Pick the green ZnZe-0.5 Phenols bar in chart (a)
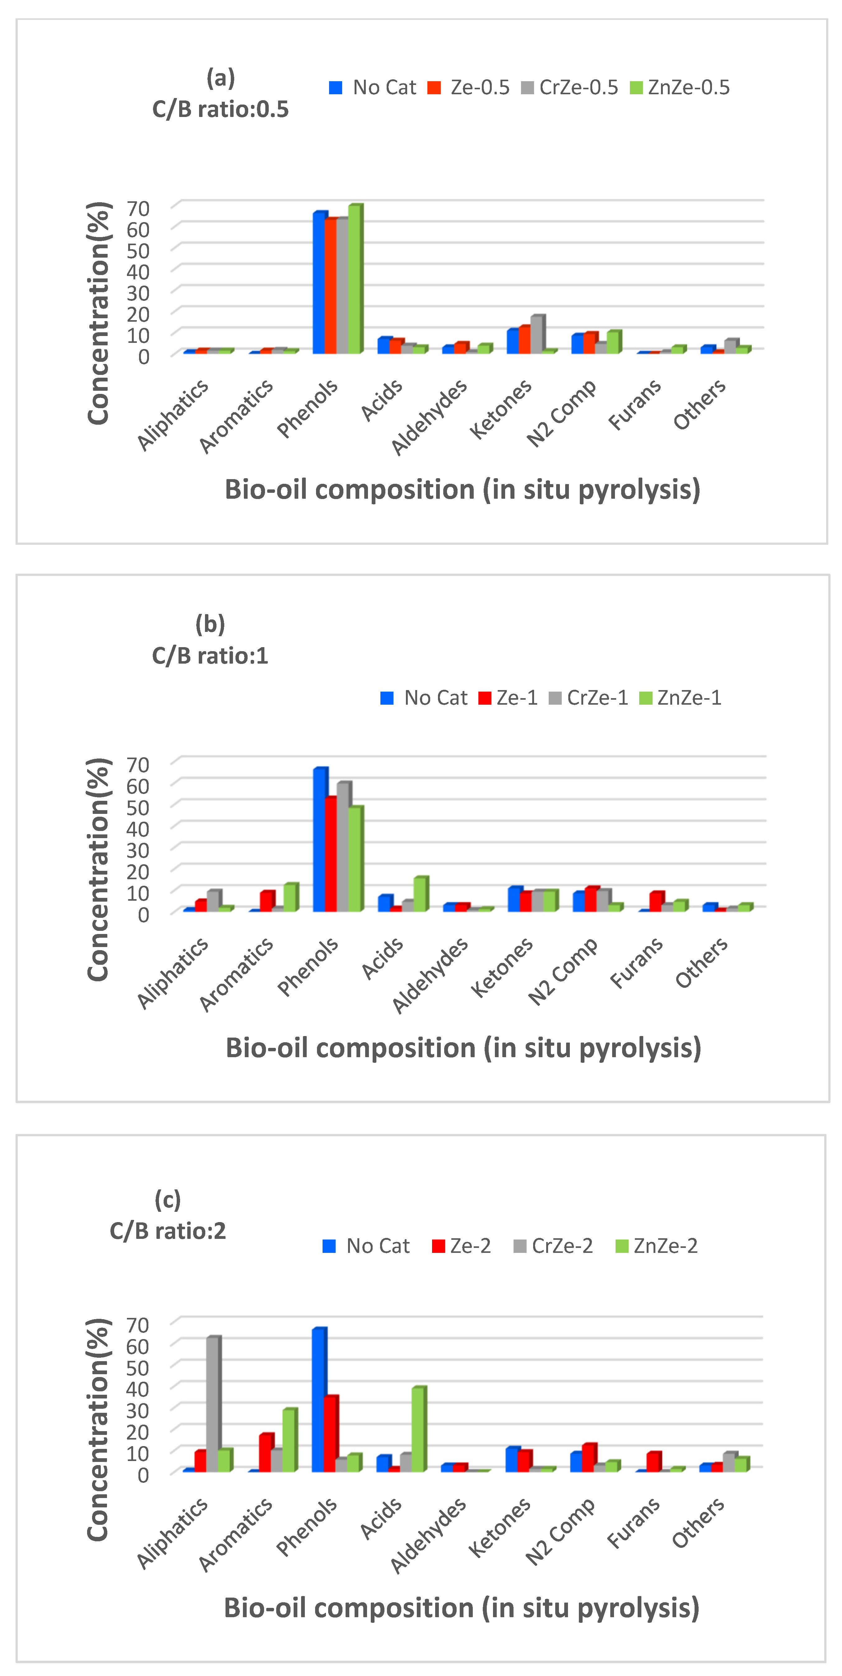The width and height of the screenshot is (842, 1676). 355,280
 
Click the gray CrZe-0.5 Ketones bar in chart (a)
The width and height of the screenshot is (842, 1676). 537,335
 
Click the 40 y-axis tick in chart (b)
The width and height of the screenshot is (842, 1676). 138,828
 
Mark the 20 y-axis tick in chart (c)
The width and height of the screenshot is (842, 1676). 138,1431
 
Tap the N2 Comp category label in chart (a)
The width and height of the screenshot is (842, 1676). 561,413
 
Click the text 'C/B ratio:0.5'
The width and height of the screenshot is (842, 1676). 220,109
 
